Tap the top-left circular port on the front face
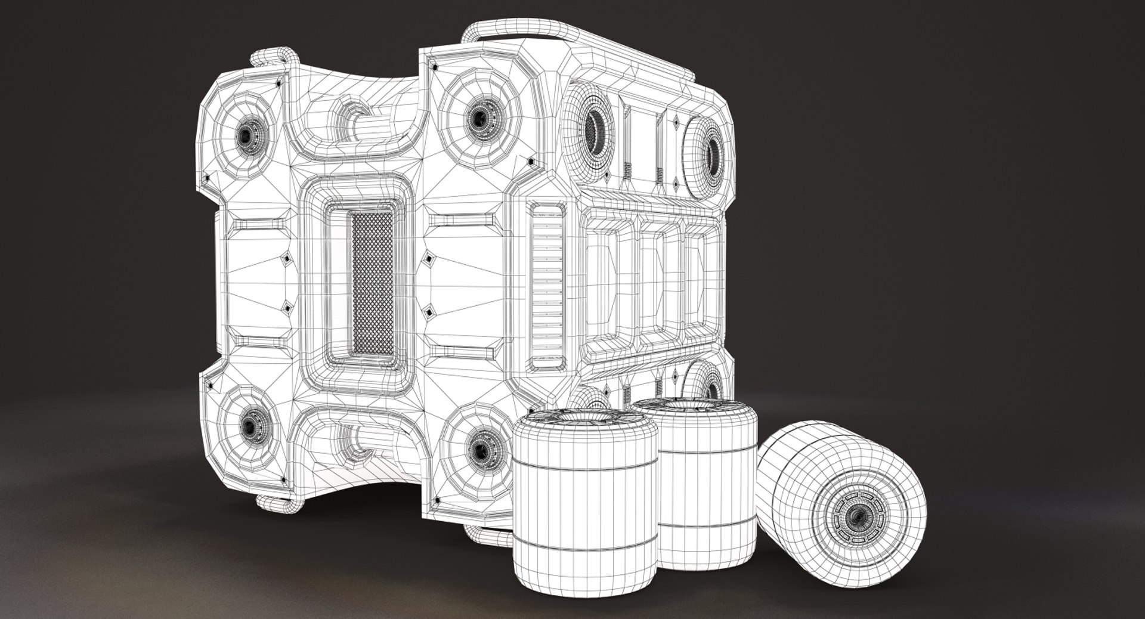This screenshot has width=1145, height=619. [x=246, y=136]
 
